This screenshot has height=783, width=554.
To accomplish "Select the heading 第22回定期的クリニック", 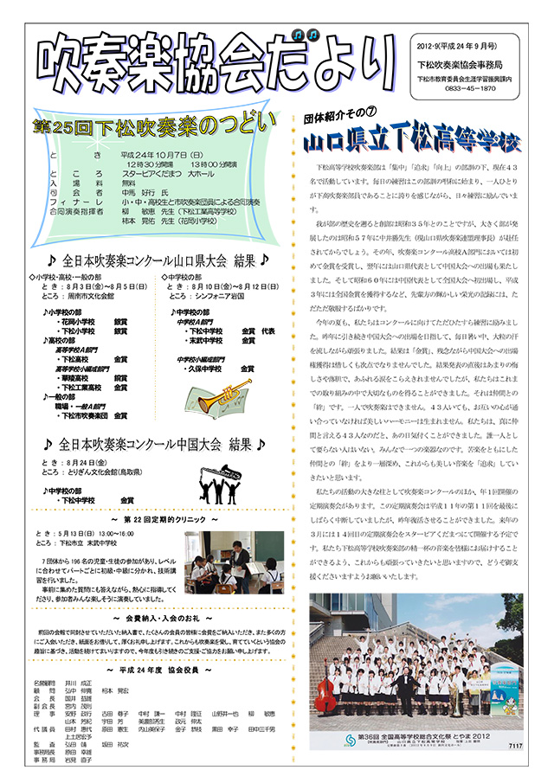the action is [157, 522].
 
